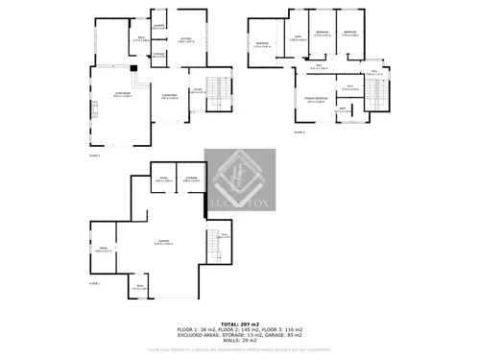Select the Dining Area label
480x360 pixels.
tap(172, 98)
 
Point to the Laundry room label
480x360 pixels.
tap(159, 27)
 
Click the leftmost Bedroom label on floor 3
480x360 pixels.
tap(261, 45)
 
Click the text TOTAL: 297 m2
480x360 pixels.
tap(239, 324)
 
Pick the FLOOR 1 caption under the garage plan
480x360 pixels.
tap(94, 284)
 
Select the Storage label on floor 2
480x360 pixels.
tap(157, 56)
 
